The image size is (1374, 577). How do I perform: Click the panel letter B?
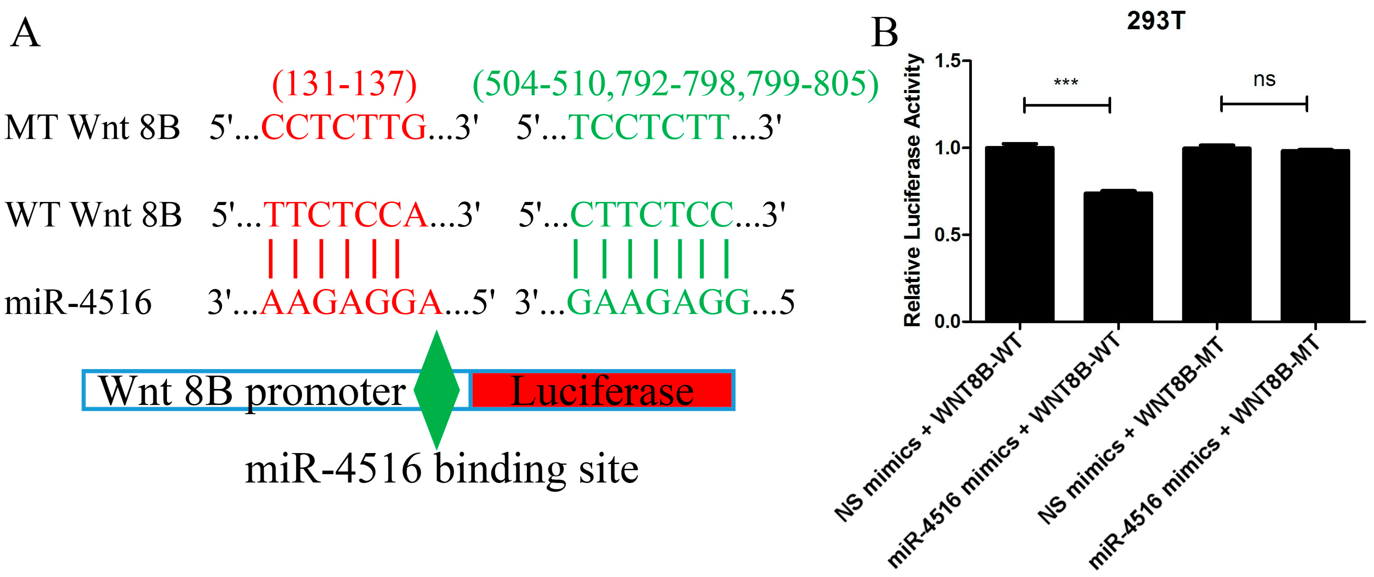pos(884,33)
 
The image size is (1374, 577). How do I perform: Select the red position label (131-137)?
pos(344,84)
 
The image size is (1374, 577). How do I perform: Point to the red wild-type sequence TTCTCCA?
pos(346,215)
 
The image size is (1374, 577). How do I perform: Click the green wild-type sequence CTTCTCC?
pos(652,215)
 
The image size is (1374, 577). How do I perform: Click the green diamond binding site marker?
pos(437,390)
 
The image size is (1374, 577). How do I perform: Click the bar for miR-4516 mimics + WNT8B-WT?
pos(1118,256)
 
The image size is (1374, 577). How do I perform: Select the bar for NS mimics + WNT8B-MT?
pos(1217,235)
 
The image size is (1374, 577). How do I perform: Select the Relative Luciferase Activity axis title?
pos(913,189)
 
